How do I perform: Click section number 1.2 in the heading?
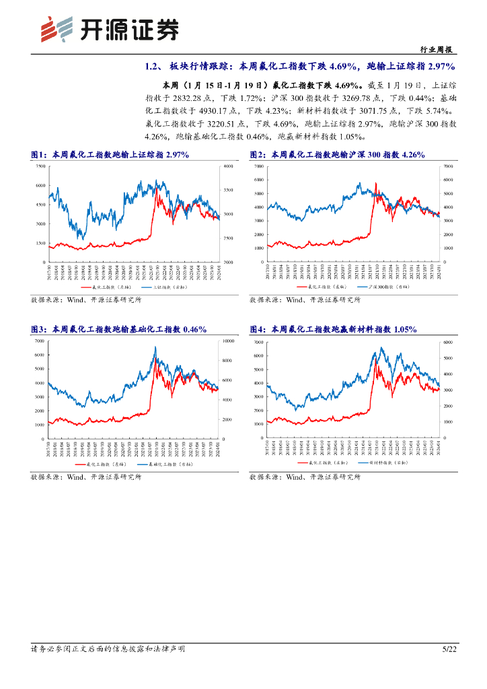click(152, 67)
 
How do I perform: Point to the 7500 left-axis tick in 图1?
click(40, 166)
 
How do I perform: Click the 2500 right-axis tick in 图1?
click(227, 238)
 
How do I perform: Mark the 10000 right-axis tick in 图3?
click(227, 342)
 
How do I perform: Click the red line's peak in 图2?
click(375, 183)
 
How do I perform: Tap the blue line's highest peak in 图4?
click(381, 348)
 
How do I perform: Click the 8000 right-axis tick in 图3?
click(227, 361)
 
